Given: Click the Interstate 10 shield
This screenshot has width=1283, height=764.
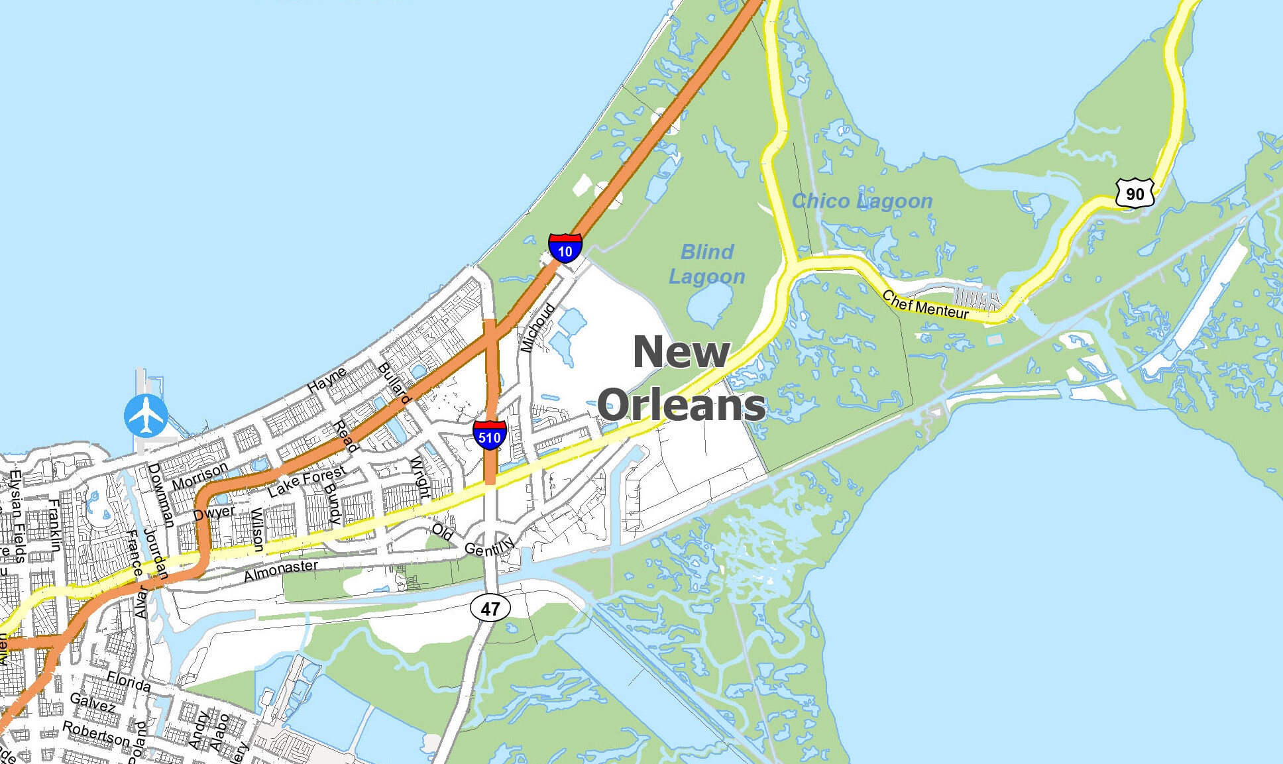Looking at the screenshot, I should (565, 248).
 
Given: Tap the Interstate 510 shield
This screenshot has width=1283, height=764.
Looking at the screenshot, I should (490, 435).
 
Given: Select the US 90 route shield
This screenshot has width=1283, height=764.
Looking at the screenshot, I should (1135, 193).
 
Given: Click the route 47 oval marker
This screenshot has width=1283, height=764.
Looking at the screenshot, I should (490, 608).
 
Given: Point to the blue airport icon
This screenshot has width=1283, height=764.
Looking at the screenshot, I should (146, 415).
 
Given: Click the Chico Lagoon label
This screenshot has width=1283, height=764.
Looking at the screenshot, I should (862, 201).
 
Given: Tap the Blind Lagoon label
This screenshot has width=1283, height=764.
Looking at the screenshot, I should (706, 264).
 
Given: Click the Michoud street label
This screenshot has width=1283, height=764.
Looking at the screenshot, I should (537, 328).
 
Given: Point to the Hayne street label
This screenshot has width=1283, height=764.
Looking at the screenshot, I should (327, 380).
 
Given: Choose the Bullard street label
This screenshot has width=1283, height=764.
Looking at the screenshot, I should (394, 383).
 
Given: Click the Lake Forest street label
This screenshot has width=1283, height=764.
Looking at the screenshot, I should (307, 481).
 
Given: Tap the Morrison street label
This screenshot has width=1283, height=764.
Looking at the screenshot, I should (199, 476).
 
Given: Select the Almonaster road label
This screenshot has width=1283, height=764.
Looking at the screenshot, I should (281, 570).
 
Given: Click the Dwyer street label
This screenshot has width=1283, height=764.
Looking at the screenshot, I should (214, 513).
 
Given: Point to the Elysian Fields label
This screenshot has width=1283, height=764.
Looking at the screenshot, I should (16, 517).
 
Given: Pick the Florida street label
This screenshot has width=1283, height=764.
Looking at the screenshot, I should (129, 682).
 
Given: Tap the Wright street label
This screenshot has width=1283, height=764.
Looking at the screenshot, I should (419, 477).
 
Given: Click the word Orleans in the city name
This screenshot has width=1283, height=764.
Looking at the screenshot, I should (681, 405).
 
